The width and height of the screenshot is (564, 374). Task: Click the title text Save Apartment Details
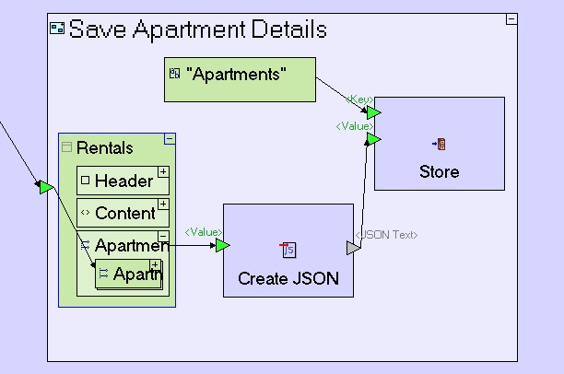tap(197, 29)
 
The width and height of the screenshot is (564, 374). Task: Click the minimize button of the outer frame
tap(511, 19)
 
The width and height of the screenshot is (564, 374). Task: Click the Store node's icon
tap(439, 144)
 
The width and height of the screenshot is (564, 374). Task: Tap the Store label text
tap(439, 171)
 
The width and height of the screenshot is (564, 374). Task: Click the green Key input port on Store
tap(373, 111)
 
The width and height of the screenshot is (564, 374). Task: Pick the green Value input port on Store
tap(373, 139)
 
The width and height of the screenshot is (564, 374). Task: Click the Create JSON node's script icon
tap(288, 250)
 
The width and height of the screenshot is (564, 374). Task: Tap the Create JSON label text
tap(288, 278)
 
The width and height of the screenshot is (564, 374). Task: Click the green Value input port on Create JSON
tap(222, 245)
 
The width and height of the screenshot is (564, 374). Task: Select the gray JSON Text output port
tap(353, 248)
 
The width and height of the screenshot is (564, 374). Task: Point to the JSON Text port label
tap(387, 235)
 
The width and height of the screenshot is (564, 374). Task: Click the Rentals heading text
tap(104, 147)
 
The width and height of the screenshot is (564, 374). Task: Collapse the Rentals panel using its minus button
tap(169, 139)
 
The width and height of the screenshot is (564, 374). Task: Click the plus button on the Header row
tap(163, 171)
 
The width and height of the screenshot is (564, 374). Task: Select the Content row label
tap(124, 213)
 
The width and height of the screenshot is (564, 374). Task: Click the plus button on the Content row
tap(163, 204)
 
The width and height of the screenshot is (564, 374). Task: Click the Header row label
tap(123, 181)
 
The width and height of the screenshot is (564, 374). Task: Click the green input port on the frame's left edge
tap(45, 188)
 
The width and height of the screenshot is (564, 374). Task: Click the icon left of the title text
tap(57, 29)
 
